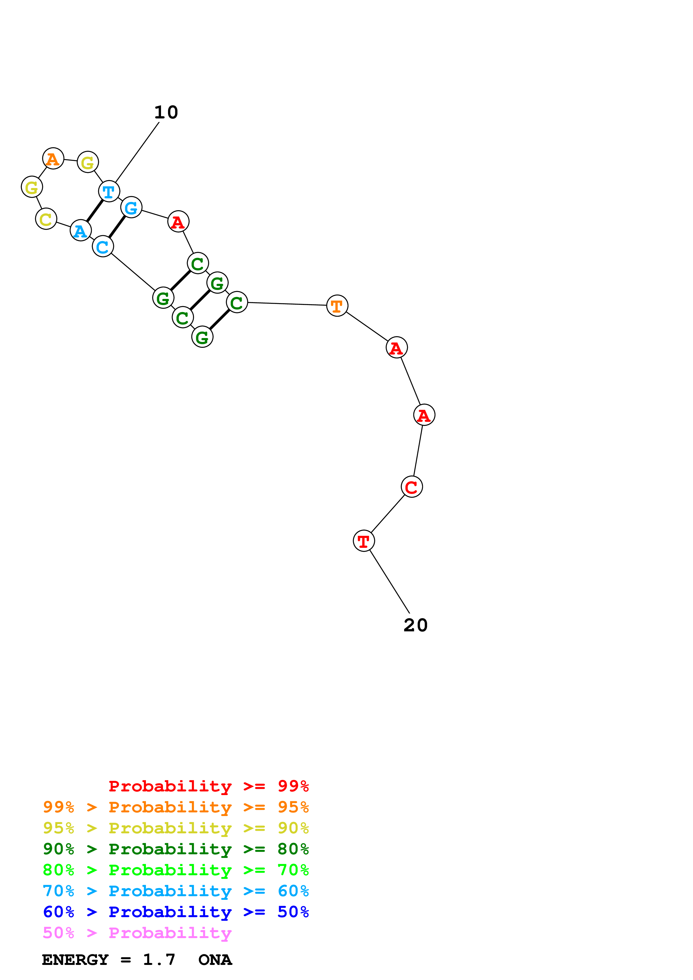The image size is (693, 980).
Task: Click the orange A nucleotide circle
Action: pos(53,158)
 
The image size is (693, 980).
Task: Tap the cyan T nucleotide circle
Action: pos(109,191)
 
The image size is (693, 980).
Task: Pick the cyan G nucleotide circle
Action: pos(131,208)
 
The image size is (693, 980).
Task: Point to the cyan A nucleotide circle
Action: pos(80,230)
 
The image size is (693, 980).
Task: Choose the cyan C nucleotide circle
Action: pos(103,246)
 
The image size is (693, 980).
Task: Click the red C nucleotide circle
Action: pos(411,487)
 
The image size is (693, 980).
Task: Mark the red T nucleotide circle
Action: pos(364,541)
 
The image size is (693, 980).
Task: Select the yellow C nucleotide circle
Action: pos(46,219)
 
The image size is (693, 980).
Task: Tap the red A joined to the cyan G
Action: pos(178,222)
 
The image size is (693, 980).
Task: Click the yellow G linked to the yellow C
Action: pos(32,187)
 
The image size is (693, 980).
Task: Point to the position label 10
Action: pos(166,112)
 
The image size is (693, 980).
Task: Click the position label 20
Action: pos(415,625)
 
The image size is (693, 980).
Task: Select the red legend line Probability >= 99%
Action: pos(208,786)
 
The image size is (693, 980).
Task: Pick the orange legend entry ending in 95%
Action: pos(176,807)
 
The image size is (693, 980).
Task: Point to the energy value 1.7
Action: pos(159,960)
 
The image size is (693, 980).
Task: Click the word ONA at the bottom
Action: pos(215,960)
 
